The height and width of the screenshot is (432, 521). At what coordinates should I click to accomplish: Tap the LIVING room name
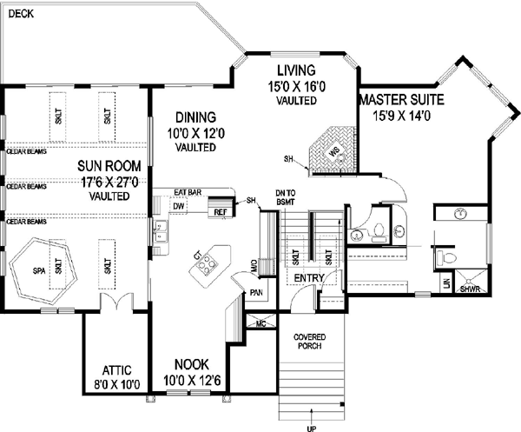tap(295, 70)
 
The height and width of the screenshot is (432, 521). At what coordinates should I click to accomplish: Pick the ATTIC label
tap(110, 369)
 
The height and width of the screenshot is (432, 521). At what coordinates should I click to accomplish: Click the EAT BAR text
tap(188, 192)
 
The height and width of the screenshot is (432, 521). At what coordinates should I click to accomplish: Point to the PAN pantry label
tap(256, 293)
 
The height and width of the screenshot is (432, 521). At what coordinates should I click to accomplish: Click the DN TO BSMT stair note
tap(286, 196)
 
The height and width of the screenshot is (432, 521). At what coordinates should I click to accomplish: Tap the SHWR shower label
tap(470, 289)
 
